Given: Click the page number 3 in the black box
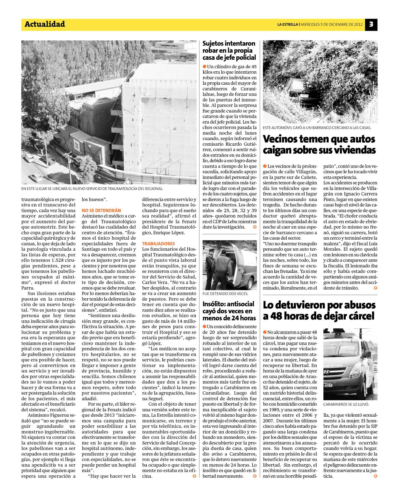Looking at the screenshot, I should coord(371,24).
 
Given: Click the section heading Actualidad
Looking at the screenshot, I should coord(45,24).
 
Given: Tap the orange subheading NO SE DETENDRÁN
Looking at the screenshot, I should coord(101,211).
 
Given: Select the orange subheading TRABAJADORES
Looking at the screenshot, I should coord(158,244).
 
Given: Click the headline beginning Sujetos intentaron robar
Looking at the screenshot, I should coord(229,50).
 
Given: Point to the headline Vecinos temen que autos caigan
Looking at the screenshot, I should coord(319,145).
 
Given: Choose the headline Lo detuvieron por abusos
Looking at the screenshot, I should coord(319,310).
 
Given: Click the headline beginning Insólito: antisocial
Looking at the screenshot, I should coord(229,311).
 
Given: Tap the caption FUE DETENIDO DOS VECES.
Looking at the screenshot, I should coord(225,293).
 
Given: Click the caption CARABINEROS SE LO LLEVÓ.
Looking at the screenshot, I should coord(346,404).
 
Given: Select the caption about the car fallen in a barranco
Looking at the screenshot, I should coord(317,128).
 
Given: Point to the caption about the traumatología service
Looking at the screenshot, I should coord(92,189).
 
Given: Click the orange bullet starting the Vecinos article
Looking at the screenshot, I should coord(265,166).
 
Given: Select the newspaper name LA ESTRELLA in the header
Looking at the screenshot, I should coord(287,24).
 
